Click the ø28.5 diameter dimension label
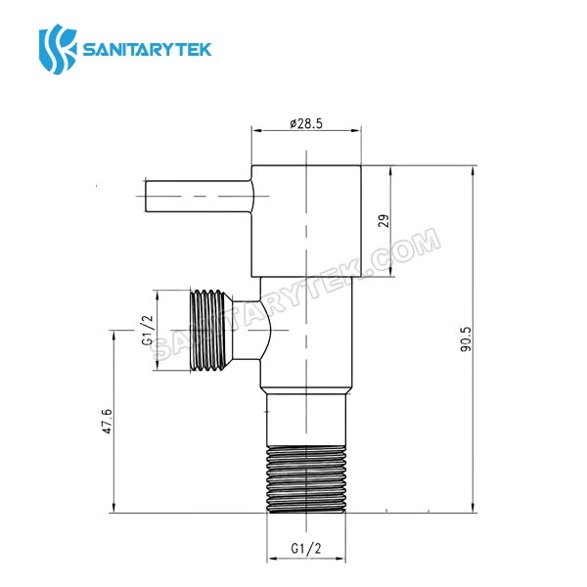tap(306, 124)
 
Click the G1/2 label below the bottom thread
tap(306, 550)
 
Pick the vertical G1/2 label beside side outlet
tap(146, 330)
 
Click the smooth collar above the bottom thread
tap(306, 417)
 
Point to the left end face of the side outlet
tap(185, 330)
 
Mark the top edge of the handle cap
tap(306, 163)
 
